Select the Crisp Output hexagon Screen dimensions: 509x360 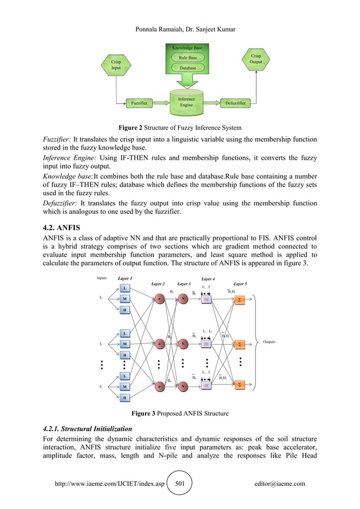pyautogui.click(x=256, y=59)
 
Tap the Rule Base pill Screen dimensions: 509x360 pyautogui.click(x=187, y=58)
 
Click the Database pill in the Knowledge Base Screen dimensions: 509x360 pyautogui.click(x=187, y=68)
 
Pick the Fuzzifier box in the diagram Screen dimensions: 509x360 pyautogui.click(x=139, y=103)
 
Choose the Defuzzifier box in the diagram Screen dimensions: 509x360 pyautogui.click(x=235, y=103)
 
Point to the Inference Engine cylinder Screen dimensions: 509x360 pyautogui.click(x=187, y=102)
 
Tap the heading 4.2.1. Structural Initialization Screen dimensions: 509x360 pyautogui.click(x=87, y=429)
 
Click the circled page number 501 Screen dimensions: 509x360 pyautogui.click(x=180, y=484)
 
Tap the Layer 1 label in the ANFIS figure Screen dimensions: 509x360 pyautogui.click(x=125, y=279)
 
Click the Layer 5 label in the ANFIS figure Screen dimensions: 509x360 pyautogui.click(x=240, y=284)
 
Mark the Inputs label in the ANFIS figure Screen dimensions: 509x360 pyautogui.click(x=102, y=278)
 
